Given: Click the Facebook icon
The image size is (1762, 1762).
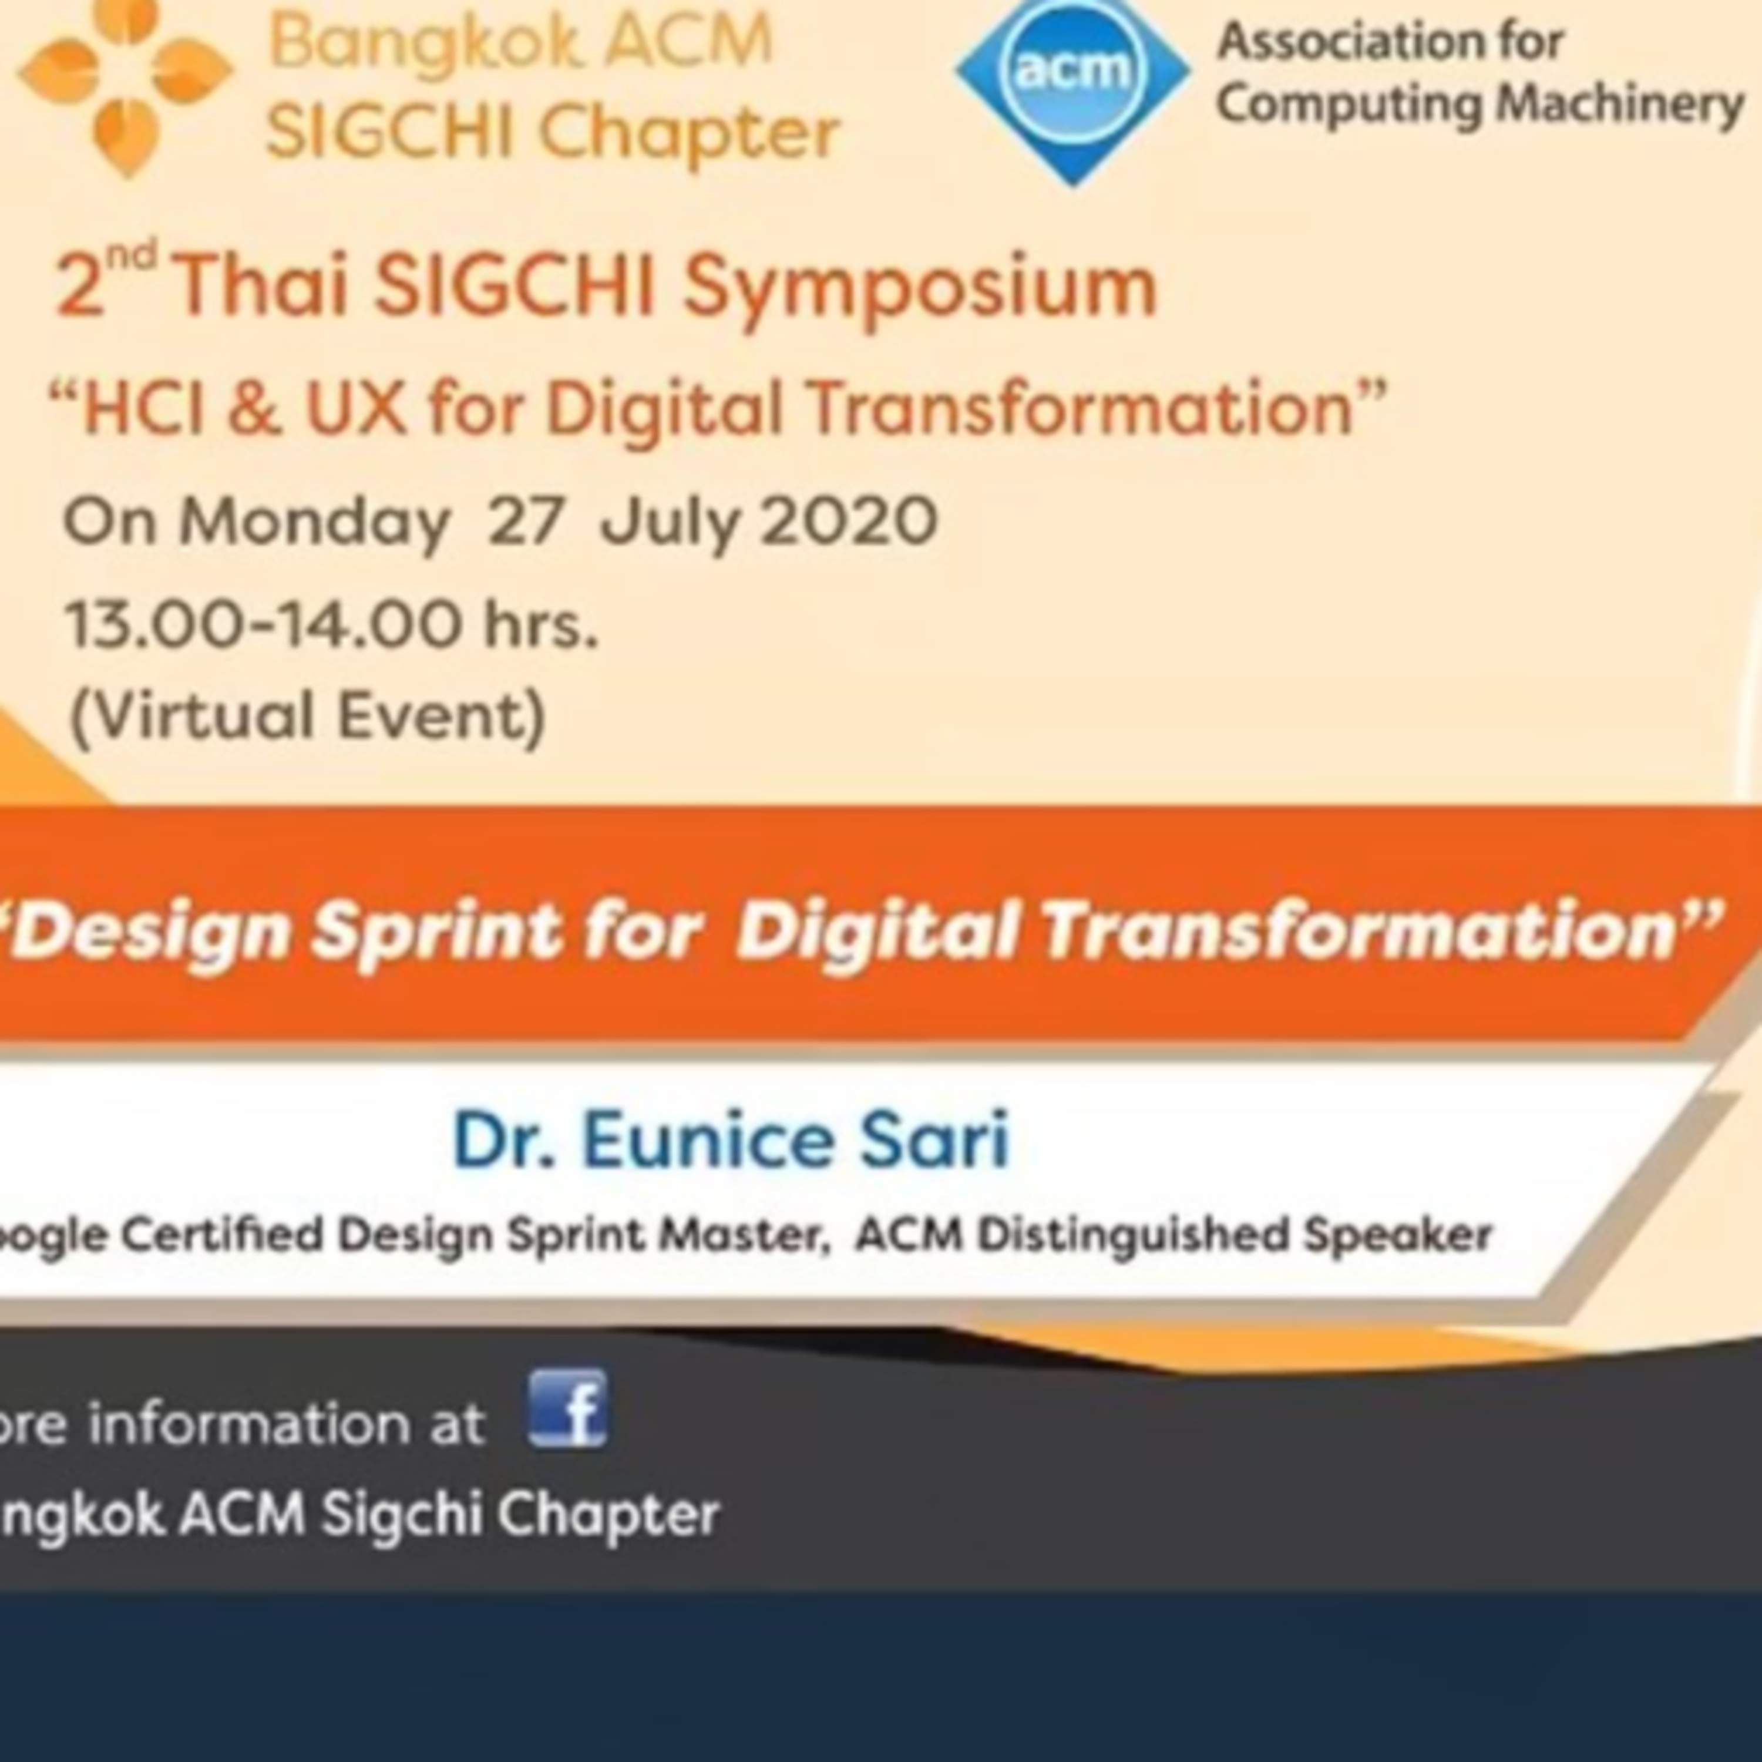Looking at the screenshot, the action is pos(568,1409).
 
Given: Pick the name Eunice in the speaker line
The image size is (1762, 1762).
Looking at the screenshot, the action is pos(707,1140).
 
